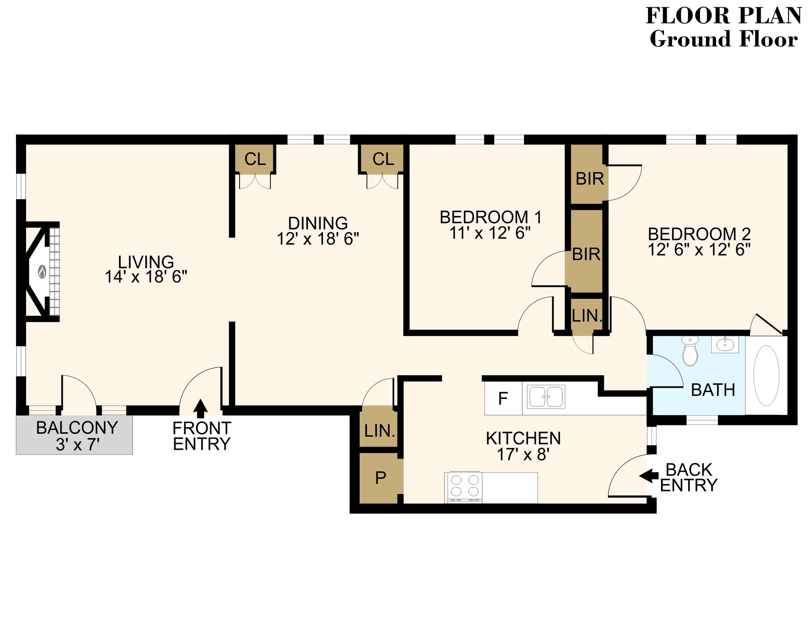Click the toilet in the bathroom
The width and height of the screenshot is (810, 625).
coord(690,352)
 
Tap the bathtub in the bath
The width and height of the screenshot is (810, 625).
coord(766,375)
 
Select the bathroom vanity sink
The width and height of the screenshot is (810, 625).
coord(725,344)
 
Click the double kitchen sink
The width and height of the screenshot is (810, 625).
coord(546,397)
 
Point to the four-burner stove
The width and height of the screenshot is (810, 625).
coord(463,486)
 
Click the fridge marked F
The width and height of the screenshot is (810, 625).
coord(503,398)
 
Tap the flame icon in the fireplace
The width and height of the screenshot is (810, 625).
coord(42,271)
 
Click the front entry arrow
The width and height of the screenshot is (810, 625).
coord(200,408)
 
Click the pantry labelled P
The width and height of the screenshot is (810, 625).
coord(381,478)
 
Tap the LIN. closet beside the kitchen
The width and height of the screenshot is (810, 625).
coord(379,430)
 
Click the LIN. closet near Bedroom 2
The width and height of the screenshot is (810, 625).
coord(586,316)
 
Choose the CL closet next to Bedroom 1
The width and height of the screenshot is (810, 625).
coord(383,159)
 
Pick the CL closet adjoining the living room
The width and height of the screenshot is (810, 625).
coord(255,159)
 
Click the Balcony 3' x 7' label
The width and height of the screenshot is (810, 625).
coord(77,436)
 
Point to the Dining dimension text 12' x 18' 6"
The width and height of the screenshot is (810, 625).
coord(318,239)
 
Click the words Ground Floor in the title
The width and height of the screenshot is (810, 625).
coord(723,39)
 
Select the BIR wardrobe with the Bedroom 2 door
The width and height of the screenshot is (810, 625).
coord(589,179)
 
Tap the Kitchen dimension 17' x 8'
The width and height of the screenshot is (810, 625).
coord(523,455)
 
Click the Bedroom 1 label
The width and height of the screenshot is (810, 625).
coord(490,217)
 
